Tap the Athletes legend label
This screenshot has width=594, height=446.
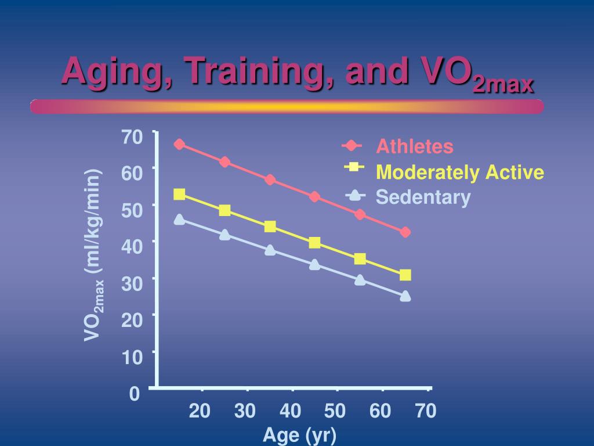[414, 146]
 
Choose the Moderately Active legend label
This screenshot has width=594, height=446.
[460, 172]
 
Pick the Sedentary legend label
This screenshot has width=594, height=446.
[423, 197]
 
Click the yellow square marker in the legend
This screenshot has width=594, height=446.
[353, 167]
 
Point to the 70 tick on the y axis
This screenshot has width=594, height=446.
[132, 137]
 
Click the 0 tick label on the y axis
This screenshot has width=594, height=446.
[135, 395]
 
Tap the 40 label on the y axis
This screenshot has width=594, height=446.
[132, 247]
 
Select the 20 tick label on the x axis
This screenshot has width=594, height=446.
[200, 412]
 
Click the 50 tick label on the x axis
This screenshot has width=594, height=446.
[335, 412]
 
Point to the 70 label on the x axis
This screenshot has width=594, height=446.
[425, 412]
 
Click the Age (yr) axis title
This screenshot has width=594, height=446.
[299, 435]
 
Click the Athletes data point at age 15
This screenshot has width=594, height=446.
[179, 144]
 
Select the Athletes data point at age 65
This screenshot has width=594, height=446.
[405, 232]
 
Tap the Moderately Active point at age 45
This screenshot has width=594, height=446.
[314, 243]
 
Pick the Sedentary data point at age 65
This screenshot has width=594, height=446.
[405, 296]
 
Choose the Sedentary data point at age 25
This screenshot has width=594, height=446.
[224, 235]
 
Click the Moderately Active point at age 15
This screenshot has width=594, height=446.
[179, 195]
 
